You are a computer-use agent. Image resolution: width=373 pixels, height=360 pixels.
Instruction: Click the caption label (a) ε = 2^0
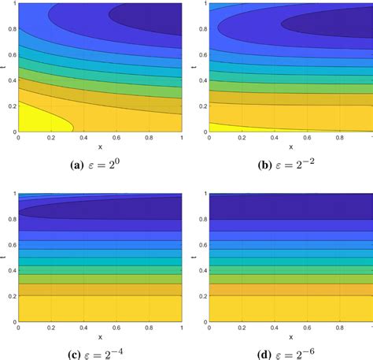coord(100,165)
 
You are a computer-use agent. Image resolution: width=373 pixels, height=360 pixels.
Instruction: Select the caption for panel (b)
coord(290,165)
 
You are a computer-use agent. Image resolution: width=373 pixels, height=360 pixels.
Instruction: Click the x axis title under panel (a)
coord(100,147)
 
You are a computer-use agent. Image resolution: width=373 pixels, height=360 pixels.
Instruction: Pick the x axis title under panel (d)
coord(290,336)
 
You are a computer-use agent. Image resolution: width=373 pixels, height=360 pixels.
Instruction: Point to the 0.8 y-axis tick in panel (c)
coord(10,218)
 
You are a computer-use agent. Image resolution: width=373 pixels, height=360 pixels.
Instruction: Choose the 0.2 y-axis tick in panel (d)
coord(201,296)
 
